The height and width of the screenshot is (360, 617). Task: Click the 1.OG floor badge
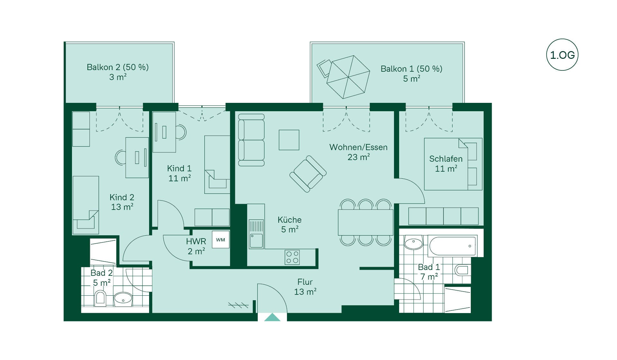(562, 55)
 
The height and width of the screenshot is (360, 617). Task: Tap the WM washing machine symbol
(220, 239)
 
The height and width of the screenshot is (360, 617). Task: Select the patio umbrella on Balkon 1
(348, 77)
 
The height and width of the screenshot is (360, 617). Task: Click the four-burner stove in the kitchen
(292, 257)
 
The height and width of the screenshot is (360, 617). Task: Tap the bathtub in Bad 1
(452, 246)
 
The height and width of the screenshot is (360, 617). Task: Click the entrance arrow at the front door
(272, 317)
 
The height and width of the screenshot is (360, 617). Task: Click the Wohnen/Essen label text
(358, 147)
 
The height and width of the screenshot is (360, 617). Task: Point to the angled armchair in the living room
(308, 174)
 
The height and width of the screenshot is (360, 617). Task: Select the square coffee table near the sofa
(289, 140)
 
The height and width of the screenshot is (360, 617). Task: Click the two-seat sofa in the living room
(251, 140)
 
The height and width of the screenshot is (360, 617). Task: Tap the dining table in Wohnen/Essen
(365, 222)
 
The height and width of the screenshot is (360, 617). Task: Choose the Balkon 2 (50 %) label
(118, 67)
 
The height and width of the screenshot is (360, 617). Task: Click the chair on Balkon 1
(324, 68)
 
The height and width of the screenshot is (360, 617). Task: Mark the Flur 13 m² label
(305, 287)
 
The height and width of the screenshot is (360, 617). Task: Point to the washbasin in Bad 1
(414, 243)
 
